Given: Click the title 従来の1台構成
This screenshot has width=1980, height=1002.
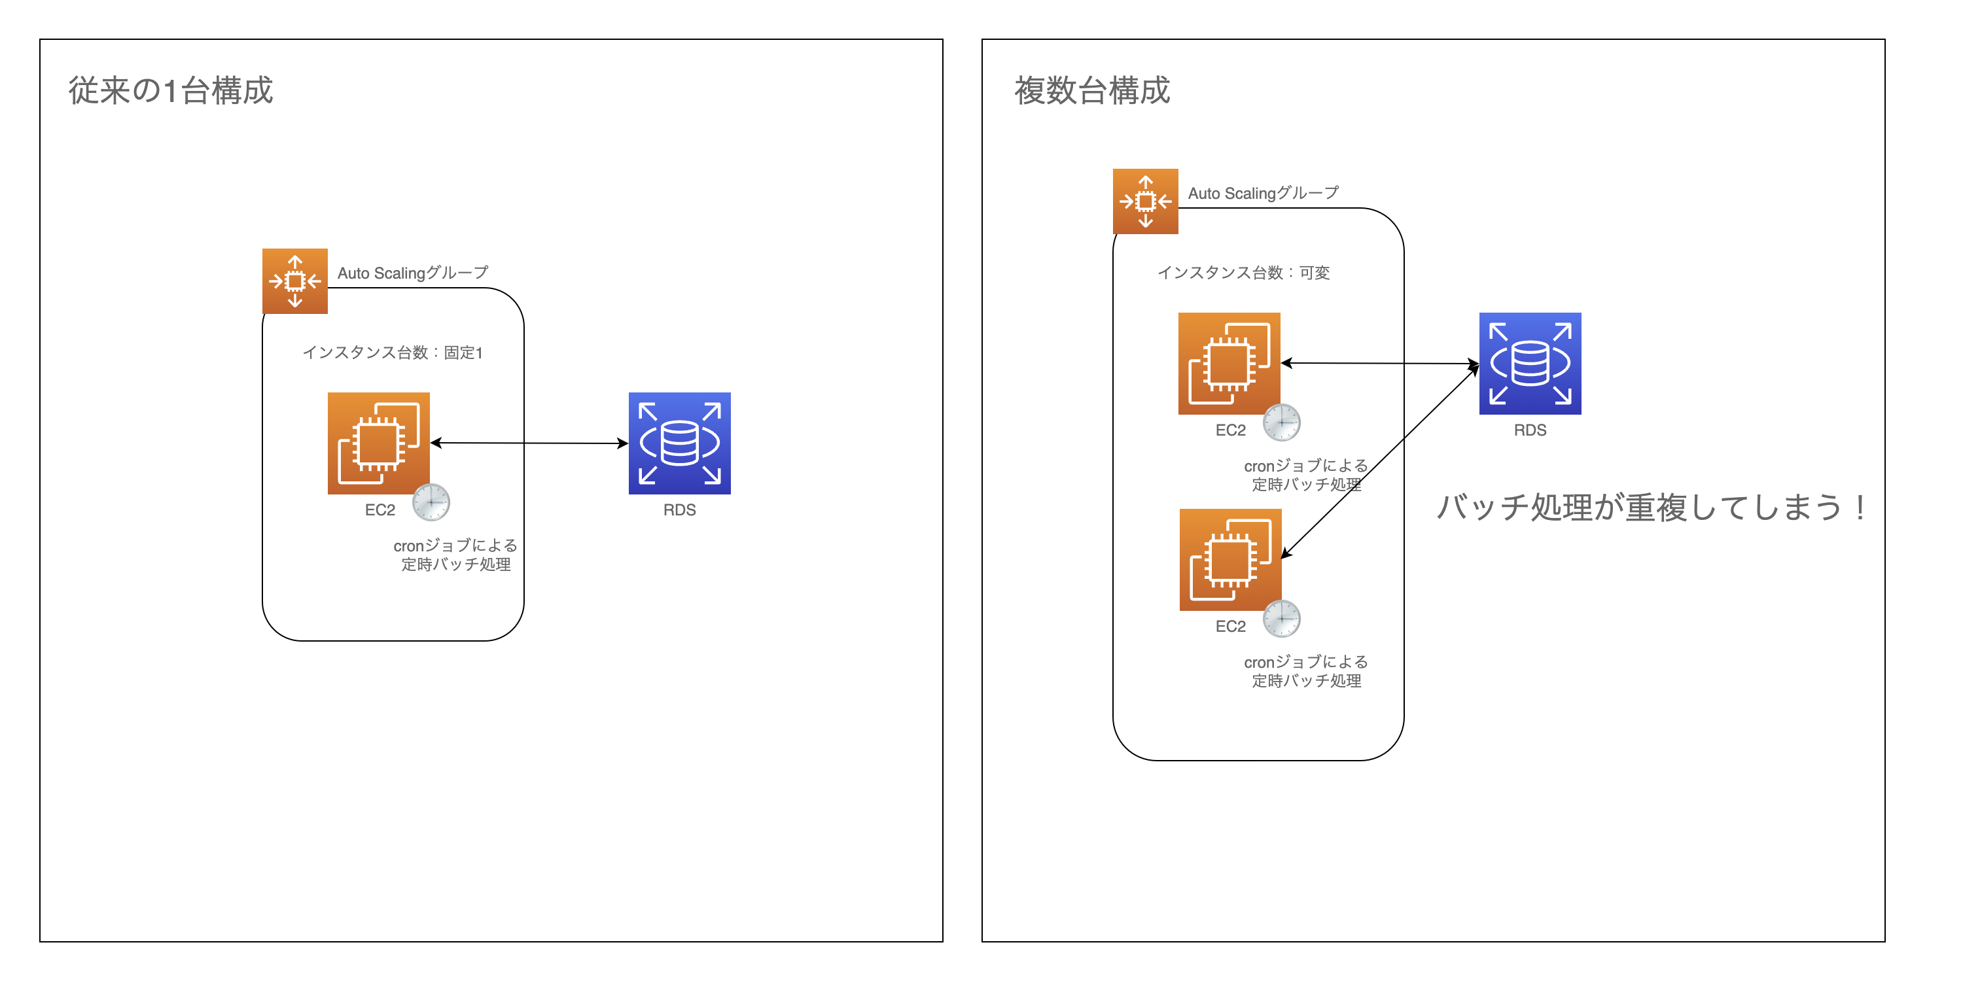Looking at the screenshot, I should click(x=171, y=91).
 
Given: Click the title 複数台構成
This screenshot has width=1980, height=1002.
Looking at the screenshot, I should click(x=1091, y=91).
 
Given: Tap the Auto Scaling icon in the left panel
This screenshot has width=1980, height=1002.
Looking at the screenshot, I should click(x=295, y=281).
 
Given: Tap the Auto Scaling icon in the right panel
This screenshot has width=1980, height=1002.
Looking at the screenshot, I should click(x=1145, y=201).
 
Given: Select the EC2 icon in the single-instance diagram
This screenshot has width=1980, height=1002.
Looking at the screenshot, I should click(x=378, y=443).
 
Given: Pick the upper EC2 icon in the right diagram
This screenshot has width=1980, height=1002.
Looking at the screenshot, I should click(x=1229, y=364).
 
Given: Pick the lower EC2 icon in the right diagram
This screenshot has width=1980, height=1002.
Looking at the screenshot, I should click(x=1230, y=559).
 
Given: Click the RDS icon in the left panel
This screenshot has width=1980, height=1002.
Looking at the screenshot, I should click(x=679, y=443).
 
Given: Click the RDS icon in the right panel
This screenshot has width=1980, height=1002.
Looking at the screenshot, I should click(x=1530, y=364).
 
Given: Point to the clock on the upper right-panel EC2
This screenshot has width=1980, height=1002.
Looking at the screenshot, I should click(x=1282, y=423).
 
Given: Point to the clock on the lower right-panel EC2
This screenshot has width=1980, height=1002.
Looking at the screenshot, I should click(x=1282, y=619).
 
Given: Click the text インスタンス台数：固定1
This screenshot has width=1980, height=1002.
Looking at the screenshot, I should click(x=392, y=353).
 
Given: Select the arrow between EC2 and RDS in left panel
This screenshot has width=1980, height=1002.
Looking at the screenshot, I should click(x=531, y=443).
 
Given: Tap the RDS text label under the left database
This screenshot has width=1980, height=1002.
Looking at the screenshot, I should click(x=679, y=510).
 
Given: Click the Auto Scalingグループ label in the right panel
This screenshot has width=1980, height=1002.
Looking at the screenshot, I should click(x=1263, y=194).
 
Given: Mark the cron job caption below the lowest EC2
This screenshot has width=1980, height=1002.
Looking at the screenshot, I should click(x=1306, y=671).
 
